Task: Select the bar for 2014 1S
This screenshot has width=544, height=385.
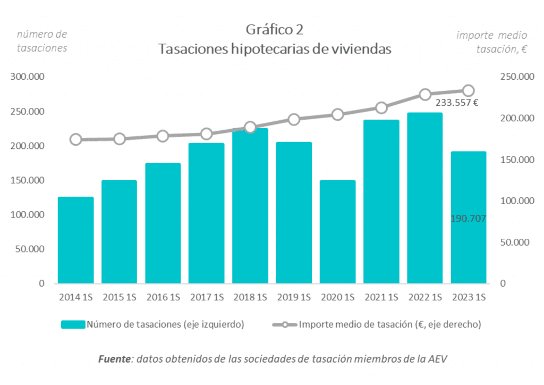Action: (x=76, y=240)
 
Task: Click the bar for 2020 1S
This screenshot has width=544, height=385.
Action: (x=337, y=231)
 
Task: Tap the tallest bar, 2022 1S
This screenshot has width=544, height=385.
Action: (x=424, y=198)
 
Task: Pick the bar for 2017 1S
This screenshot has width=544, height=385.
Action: (x=207, y=213)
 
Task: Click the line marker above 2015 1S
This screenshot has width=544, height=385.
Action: (x=120, y=139)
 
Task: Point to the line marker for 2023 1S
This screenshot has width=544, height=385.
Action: (x=468, y=90)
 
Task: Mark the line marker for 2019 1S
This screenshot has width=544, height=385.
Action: (x=294, y=119)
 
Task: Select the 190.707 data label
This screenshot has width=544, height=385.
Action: (x=468, y=219)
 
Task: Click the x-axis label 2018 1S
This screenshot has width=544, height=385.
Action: (x=250, y=298)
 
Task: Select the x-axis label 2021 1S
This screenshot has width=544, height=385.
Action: (x=381, y=298)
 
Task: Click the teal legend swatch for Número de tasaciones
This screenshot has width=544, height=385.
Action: (x=73, y=324)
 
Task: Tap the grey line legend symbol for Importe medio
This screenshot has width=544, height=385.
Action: (x=284, y=324)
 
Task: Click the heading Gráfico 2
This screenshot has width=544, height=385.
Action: (x=275, y=29)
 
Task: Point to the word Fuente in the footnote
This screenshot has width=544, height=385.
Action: (x=115, y=359)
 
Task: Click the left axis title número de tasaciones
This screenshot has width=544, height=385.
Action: (x=42, y=41)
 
